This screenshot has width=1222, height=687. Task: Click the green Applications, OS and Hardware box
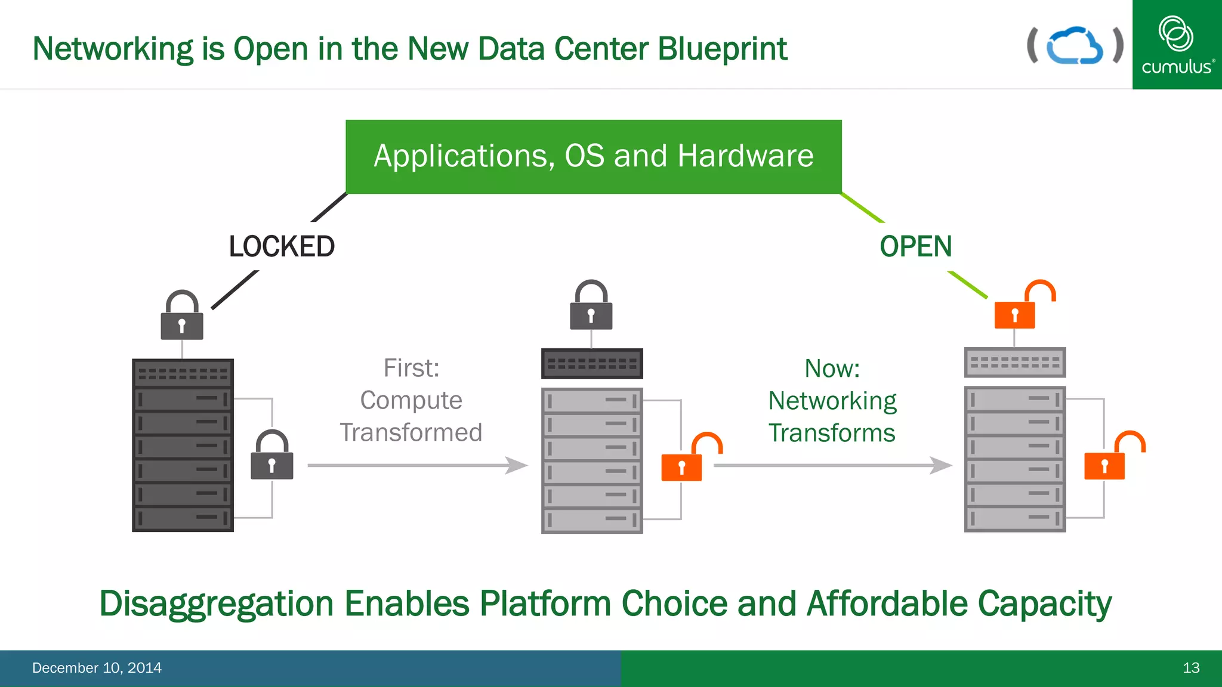pos(593,156)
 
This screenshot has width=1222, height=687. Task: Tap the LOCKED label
pos(282,246)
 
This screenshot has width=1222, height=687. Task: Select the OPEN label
pos(915,246)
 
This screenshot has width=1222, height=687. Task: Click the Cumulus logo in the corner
pos(1177,45)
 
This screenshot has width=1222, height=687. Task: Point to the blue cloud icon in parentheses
pos(1075,45)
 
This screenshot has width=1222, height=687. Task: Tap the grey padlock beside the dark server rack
pos(272,457)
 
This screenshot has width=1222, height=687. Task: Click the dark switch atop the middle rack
pos(592,363)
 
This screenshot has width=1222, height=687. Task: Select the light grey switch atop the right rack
pos(1015,362)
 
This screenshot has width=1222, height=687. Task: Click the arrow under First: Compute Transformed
pos(418,465)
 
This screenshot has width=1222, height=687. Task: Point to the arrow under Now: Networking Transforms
pos(832,465)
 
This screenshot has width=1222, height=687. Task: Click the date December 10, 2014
pos(97,668)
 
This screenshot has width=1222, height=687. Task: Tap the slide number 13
pos(1191,668)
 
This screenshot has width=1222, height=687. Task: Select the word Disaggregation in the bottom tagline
pos(216,604)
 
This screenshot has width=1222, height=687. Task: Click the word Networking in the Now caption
pos(832,401)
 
